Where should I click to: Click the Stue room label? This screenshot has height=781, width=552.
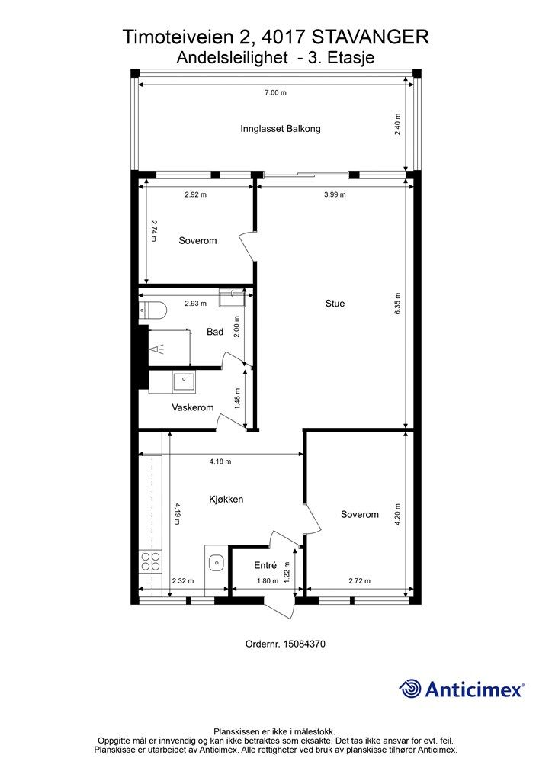pos(335,304)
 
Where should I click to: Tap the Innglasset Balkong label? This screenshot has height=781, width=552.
pos(281,128)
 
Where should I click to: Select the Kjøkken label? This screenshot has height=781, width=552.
pos(226,499)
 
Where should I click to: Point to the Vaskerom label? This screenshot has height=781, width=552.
pos(193,407)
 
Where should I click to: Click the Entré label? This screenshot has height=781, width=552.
pos(265,565)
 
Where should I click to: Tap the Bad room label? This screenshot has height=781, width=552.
pos(215,332)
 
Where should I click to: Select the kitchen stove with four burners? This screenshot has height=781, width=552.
pos(150,561)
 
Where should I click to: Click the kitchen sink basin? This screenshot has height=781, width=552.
pos(216,564)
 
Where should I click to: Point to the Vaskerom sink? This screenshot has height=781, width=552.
pos(185,381)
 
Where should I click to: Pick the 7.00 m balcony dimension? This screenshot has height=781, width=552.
pos(275,92)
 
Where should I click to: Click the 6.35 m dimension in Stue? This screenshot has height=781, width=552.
pos(397,304)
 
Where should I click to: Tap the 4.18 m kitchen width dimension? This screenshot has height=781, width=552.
pos(220,461)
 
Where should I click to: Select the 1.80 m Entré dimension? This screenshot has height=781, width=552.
pos(268,580)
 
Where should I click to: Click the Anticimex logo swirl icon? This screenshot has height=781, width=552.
pos(410,689)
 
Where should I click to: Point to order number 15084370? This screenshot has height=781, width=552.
pos(285,644)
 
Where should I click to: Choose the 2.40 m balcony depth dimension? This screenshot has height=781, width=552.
pos(397,124)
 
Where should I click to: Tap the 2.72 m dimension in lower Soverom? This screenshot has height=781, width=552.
pos(359,580)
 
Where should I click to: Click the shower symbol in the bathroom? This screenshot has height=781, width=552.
pos(160,349)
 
